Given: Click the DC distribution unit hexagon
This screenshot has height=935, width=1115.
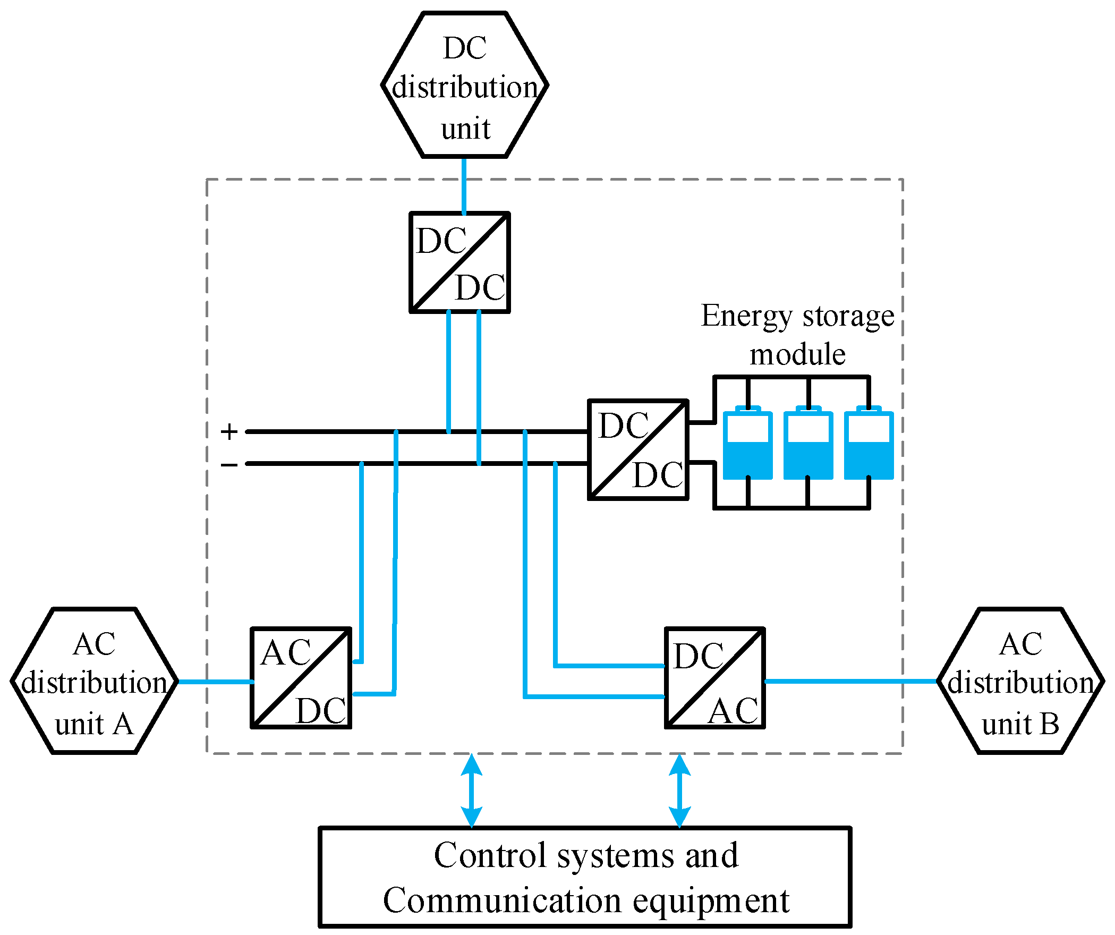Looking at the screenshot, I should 465,85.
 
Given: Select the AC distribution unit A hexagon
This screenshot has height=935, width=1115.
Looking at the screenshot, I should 94,681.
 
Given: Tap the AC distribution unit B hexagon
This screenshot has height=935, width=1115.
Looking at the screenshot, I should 1020,681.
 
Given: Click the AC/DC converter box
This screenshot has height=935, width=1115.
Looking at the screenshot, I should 301,678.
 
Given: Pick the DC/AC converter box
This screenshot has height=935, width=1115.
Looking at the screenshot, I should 715,678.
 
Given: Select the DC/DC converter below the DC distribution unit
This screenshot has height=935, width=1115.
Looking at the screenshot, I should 459,262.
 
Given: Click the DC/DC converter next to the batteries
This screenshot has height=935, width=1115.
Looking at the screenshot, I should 638,450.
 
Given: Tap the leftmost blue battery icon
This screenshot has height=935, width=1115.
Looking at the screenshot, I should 747,445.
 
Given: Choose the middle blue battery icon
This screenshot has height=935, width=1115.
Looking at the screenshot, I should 808,445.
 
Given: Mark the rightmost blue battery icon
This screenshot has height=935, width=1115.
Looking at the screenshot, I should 869,445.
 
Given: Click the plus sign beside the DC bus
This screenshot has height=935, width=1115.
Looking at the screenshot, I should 229,431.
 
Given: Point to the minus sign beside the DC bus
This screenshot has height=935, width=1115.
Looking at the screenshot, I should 229,465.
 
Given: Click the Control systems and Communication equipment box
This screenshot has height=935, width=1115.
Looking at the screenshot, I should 585,877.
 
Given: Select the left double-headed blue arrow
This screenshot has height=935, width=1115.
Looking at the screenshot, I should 472,790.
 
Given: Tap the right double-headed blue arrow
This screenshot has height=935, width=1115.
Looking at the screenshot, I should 679,790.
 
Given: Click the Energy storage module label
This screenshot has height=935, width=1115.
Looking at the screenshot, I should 797,335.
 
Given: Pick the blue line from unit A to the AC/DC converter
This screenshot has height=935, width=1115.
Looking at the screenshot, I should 215,681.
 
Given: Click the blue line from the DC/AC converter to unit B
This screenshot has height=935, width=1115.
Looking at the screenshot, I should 850,681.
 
